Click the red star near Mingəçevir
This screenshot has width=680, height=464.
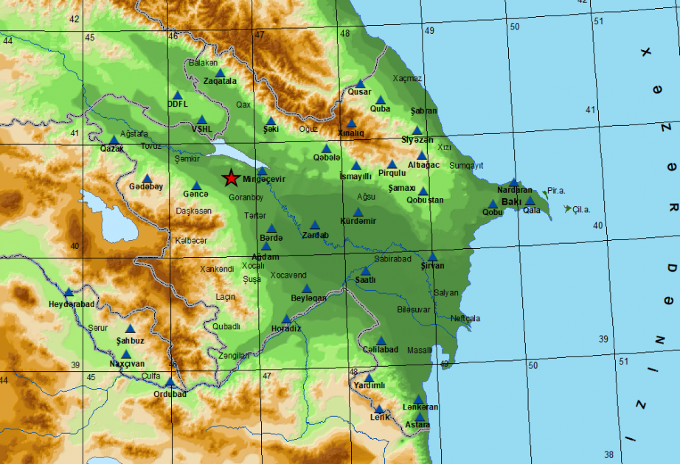click(231, 178)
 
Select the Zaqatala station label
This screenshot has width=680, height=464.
click(220, 81)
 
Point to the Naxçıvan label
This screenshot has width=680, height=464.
click(128, 364)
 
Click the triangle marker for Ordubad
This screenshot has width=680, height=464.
click(170, 382)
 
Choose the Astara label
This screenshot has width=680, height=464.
click(417, 425)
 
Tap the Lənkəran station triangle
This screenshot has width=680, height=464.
click(418, 399)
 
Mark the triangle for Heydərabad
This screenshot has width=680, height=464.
click(69, 292)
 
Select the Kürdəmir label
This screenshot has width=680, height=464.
click(358, 221)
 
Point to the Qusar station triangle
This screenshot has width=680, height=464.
click(360, 84)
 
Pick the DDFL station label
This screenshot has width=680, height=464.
click(178, 104)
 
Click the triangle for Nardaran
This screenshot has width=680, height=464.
click(513, 182)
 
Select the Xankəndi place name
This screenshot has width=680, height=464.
click(217, 269)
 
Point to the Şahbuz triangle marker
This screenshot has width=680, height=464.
click(131, 328)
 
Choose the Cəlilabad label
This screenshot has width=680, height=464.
click(381, 349)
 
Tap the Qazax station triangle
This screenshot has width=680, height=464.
click(114, 140)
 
